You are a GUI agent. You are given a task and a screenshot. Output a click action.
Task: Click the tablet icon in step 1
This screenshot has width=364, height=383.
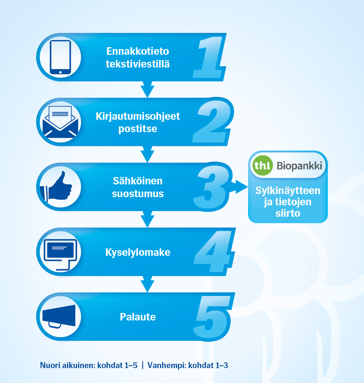(x=60, y=57)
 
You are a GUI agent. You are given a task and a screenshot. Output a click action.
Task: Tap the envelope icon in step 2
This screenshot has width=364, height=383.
(x=60, y=122)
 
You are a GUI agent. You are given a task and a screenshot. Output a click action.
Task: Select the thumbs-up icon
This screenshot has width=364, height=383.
(x=57, y=187)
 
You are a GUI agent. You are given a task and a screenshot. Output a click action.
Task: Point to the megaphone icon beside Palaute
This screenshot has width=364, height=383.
(x=59, y=316)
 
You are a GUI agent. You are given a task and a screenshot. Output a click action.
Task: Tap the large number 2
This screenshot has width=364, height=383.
(x=212, y=122)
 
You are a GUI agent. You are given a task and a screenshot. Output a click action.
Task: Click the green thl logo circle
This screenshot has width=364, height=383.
(x=263, y=165)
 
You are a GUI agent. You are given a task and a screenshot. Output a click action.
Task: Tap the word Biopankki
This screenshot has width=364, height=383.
(x=299, y=166)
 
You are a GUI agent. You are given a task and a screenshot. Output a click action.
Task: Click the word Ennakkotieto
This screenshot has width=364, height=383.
(x=138, y=51)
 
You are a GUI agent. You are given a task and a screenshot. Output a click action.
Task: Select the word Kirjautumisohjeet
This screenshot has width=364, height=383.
(x=138, y=117)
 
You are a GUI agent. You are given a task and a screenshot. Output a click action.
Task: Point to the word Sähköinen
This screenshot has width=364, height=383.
(x=138, y=181)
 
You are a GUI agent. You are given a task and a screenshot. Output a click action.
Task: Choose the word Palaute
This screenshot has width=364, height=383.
(x=138, y=317)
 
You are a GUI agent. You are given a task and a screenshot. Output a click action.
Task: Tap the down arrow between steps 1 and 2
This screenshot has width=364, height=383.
(x=148, y=90)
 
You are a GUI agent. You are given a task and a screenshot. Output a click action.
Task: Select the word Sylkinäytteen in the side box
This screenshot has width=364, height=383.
(x=288, y=191)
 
